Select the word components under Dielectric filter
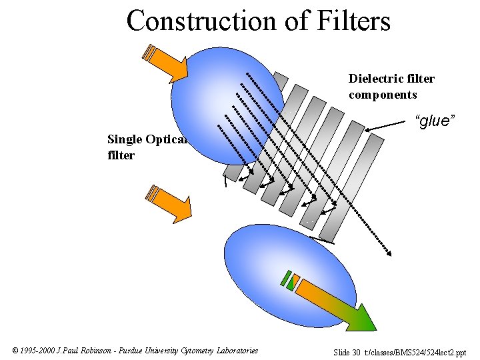tap(383, 94)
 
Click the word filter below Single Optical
tap(121, 155)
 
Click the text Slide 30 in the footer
tap(347, 352)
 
